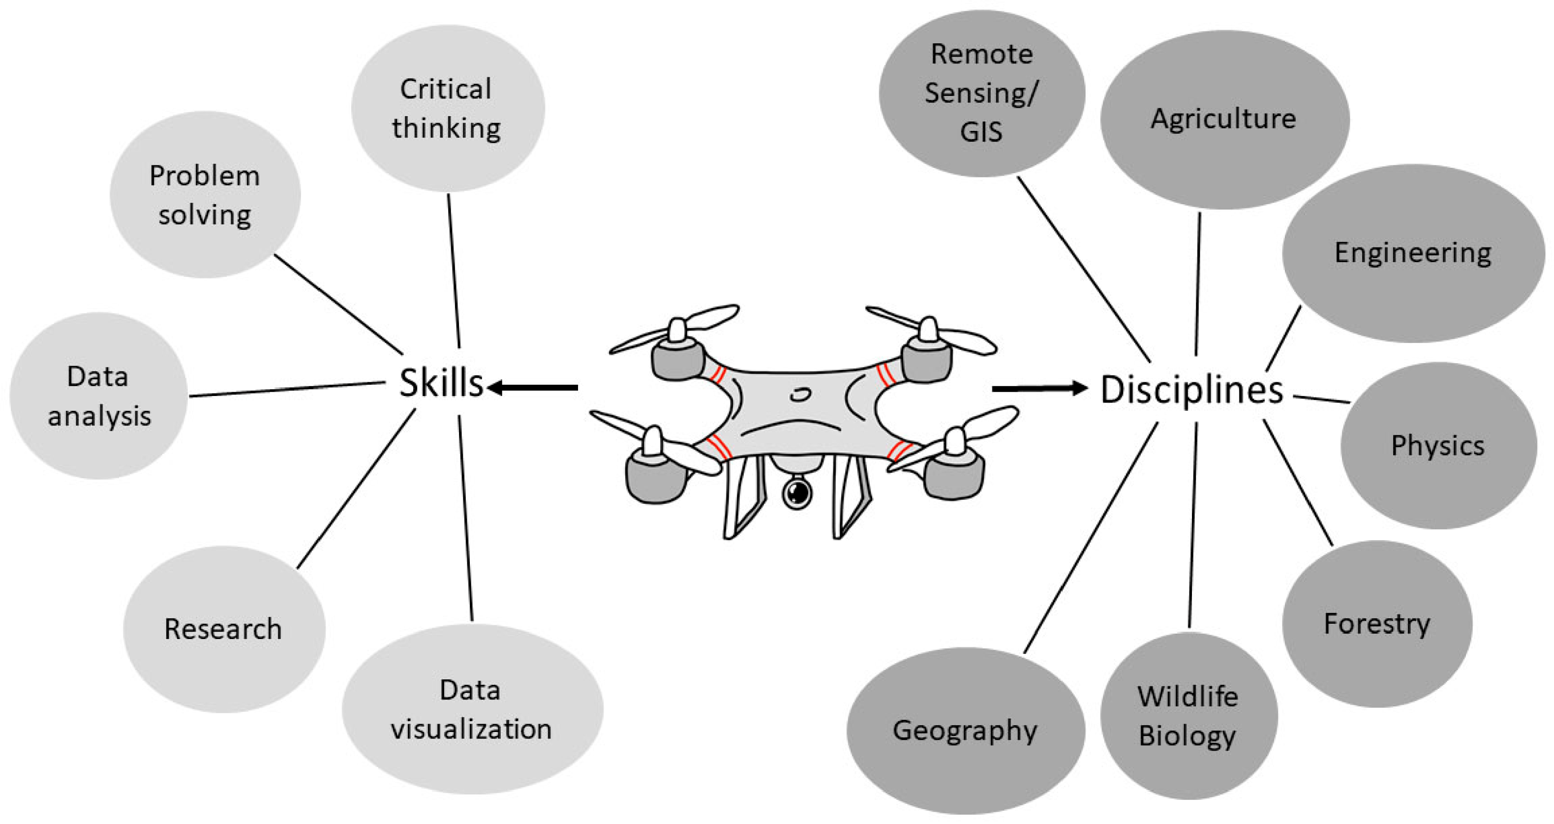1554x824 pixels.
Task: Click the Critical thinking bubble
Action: (x=448, y=109)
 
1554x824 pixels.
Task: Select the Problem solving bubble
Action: (x=205, y=195)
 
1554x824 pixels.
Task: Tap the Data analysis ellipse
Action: (x=99, y=396)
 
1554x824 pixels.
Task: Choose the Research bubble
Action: (x=224, y=629)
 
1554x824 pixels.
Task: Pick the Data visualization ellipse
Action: (x=472, y=709)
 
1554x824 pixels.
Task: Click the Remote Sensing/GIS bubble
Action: (x=981, y=93)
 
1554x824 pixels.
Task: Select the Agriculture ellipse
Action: (x=1224, y=120)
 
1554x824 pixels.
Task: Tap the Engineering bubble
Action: (x=1413, y=253)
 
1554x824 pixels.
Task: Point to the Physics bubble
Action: (x=1438, y=446)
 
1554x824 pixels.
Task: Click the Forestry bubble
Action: (x=1376, y=624)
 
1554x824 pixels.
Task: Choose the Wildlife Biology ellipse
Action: (x=1188, y=716)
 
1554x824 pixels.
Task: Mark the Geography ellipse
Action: (x=965, y=731)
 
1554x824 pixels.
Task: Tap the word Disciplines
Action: (x=1191, y=390)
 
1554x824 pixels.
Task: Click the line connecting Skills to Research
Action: (x=356, y=489)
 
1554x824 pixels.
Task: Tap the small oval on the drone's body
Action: (x=800, y=395)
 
